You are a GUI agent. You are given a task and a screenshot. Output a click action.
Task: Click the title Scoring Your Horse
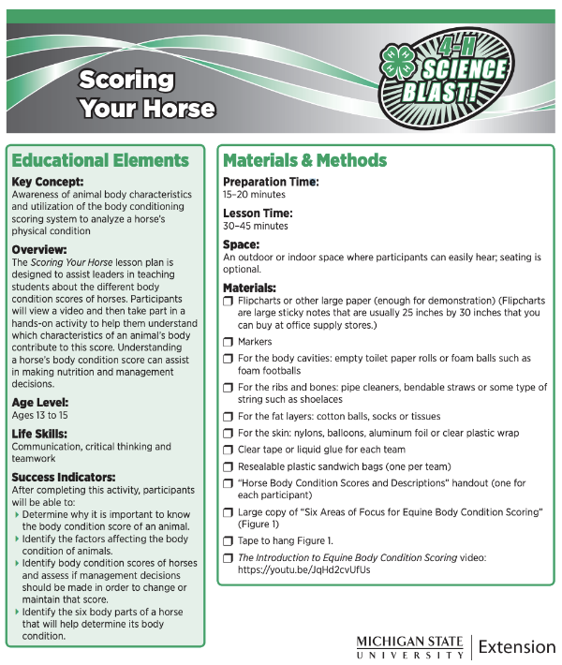pos(146,94)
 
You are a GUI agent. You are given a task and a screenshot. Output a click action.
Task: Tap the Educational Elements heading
pos(100,160)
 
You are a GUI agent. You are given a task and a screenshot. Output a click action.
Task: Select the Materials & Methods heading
pos(304,160)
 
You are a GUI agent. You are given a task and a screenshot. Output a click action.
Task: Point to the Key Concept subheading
pos(48,182)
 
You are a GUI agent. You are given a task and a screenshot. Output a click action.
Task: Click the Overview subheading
pos(39,250)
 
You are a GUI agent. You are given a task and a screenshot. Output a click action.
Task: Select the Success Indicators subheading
pos(64,477)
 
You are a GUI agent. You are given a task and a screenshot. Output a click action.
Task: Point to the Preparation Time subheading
pos(271,182)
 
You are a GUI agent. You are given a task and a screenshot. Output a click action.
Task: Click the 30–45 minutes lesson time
pos(255,227)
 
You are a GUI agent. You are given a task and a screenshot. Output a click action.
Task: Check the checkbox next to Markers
pos(229,342)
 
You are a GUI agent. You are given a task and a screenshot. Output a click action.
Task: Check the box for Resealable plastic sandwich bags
pos(229,466)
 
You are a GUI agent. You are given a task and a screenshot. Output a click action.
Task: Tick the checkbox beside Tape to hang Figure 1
pos(229,540)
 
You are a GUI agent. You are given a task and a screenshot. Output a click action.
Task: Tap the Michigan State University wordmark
pos(409,646)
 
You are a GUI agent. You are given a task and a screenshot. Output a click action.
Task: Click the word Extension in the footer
pos(516,646)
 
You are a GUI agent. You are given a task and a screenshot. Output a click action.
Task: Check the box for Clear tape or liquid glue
pos(229,450)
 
